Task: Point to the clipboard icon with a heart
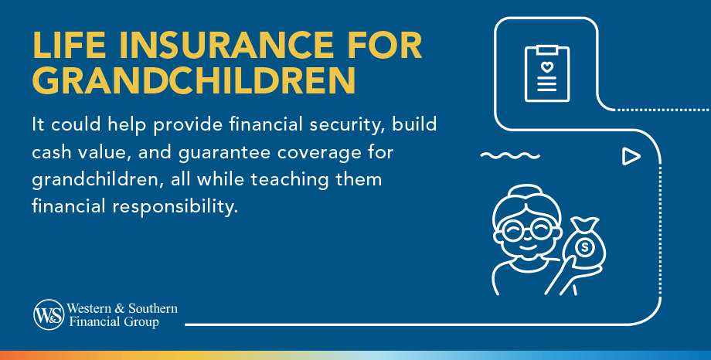[x=546, y=73]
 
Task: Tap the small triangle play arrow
[x=631, y=157]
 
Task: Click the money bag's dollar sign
[x=584, y=248]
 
